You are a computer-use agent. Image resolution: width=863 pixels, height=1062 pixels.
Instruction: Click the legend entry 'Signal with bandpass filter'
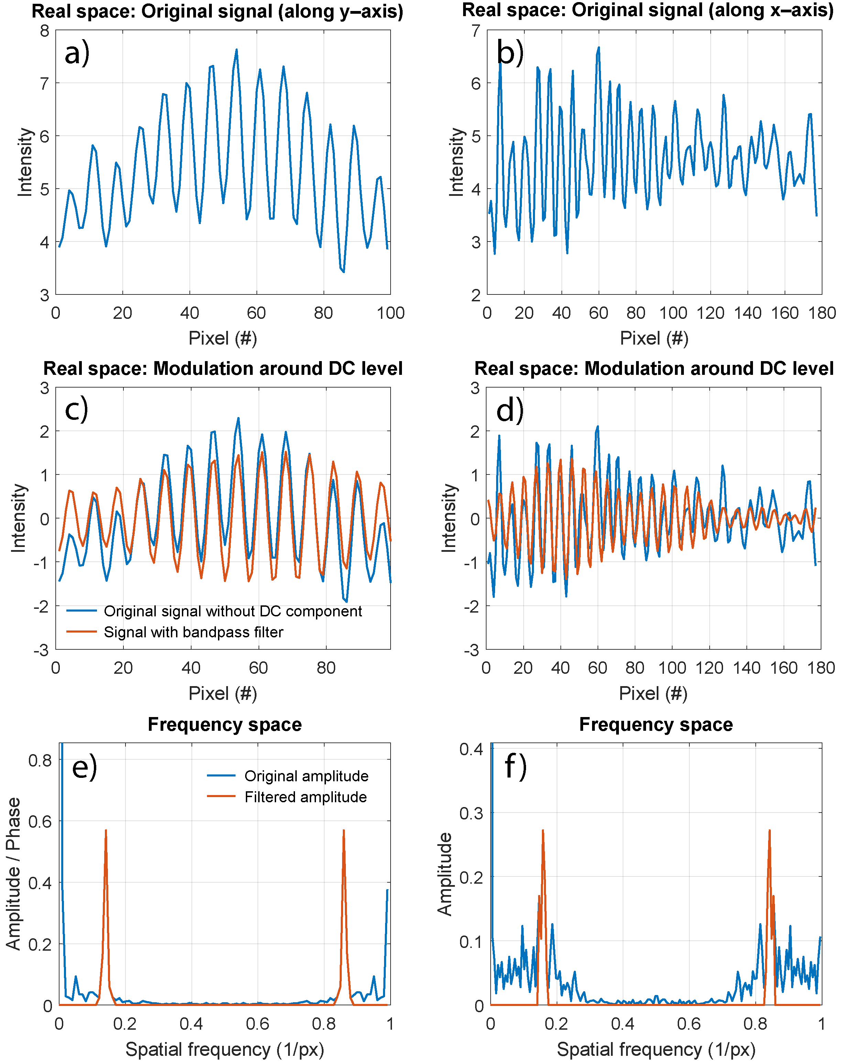pos(193,632)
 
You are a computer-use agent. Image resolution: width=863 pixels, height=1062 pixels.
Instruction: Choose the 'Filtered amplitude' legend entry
pos(305,797)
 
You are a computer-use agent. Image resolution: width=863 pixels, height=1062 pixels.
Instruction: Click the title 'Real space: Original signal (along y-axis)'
pos(217,11)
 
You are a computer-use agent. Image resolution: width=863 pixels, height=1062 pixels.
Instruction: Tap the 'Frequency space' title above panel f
pos(656,724)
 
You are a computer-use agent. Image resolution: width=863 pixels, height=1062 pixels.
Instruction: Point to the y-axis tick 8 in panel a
pos(45,31)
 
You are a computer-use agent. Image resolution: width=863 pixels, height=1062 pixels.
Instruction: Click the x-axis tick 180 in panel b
pos(822,313)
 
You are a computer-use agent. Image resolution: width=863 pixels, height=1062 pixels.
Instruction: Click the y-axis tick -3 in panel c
pos(42,650)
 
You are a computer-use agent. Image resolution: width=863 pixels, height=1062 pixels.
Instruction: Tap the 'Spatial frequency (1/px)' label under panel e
pos(225,1049)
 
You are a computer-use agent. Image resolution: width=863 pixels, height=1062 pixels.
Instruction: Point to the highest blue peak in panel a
pos(237,50)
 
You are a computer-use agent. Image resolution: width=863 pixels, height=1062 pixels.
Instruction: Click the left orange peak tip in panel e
pos(106,830)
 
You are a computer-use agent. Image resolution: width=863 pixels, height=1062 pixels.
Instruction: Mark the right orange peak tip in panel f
pos(769,830)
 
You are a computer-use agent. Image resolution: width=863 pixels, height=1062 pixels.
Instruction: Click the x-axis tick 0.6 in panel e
pos(258,1024)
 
